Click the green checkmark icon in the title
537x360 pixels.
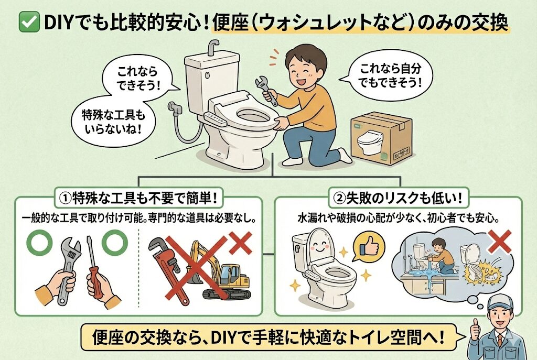pyautogui.click(x=29, y=23)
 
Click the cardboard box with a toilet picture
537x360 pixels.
pyautogui.click(x=382, y=138)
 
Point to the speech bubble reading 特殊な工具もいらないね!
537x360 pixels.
pyautogui.click(x=113, y=122)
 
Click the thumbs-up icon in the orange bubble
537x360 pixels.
pyautogui.click(x=369, y=247)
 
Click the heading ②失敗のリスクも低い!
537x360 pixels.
pyautogui.click(x=399, y=198)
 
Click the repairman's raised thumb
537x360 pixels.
pyautogui.click(x=475, y=328)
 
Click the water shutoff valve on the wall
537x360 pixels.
pyautogui.click(x=175, y=108)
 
